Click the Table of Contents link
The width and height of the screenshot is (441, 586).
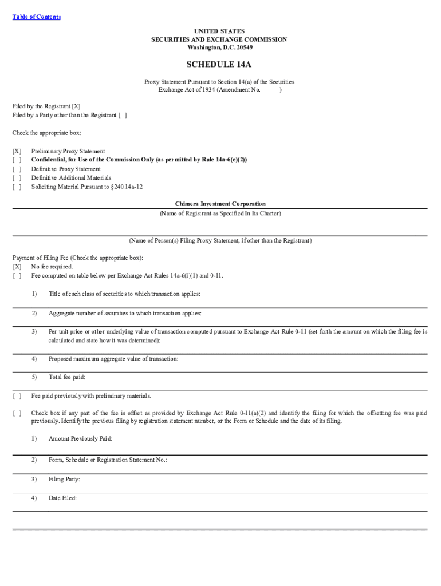pyautogui.click(x=36, y=17)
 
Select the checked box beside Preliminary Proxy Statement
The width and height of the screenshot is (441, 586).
pyautogui.click(x=17, y=152)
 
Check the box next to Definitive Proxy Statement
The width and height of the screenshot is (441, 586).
pyautogui.click(x=17, y=169)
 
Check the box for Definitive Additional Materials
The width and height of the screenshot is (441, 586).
pyautogui.click(x=17, y=177)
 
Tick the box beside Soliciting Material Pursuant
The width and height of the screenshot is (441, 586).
pyautogui.click(x=17, y=186)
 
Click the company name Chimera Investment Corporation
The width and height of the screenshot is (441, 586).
pyautogui.click(x=220, y=204)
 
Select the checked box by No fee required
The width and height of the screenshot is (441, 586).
pyautogui.click(x=17, y=267)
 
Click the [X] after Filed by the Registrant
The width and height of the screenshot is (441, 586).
pyautogui.click(x=76, y=106)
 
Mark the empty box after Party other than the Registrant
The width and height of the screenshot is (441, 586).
pyautogui.click(x=123, y=115)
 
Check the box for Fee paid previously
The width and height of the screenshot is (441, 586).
pyautogui.click(x=17, y=396)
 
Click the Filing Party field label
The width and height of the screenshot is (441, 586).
pyautogui.click(x=64, y=480)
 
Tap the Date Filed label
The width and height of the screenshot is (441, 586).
pyautogui.click(x=62, y=498)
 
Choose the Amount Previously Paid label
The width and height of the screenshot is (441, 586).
pyautogui.click(x=80, y=439)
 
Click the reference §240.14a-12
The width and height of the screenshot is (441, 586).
pyautogui.click(x=125, y=186)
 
